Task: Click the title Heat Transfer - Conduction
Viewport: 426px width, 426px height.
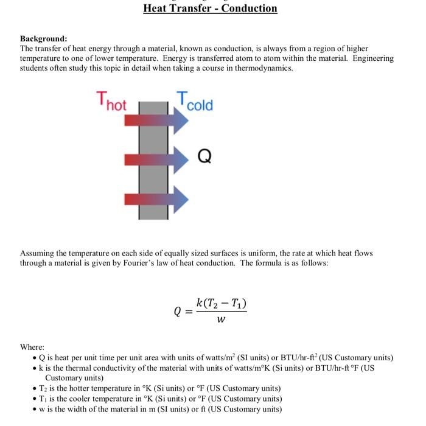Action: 210,9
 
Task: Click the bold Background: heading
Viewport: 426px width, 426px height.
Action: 44,38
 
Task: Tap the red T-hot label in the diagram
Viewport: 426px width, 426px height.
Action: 111,101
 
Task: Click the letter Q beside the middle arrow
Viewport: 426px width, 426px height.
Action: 204,158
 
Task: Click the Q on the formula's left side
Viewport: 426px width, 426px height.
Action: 178,312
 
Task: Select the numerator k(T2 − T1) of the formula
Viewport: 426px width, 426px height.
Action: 221,303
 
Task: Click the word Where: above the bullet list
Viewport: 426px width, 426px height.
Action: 32,347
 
